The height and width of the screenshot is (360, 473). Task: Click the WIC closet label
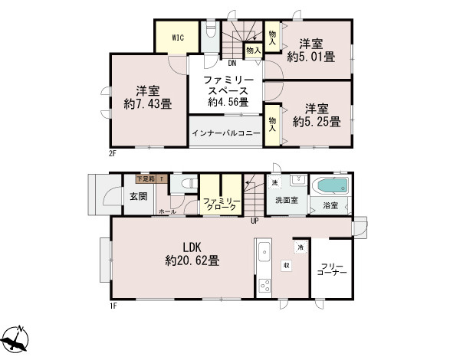click(176, 37)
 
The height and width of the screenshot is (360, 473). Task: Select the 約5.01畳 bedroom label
click(310, 56)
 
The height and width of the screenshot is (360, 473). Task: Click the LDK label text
click(192, 247)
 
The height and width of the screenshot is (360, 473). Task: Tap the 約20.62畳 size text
click(192, 260)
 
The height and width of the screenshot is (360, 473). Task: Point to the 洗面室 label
click(287, 201)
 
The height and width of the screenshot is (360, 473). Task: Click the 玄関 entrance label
click(138, 197)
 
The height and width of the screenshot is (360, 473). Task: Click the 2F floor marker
click(111, 153)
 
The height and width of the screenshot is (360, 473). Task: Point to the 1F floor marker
click(112, 306)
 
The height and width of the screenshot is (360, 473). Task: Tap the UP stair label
click(254, 221)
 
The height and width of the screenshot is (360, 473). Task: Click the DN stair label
click(231, 64)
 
